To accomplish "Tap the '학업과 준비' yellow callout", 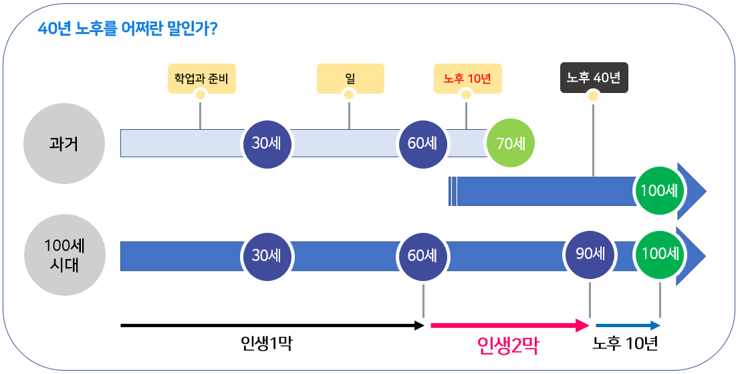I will tap(201, 78).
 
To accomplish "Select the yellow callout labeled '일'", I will tap(350, 78).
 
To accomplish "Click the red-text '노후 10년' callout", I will tap(467, 78).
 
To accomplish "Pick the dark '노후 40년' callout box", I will tap(594, 78).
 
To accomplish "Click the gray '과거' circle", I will tap(64, 144).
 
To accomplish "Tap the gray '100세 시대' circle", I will tap(64, 255).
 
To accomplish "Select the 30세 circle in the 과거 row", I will tap(266, 143).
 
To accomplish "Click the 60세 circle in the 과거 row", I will tap(422, 143).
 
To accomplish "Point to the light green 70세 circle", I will tap(511, 143).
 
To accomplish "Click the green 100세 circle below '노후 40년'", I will tap(659, 191).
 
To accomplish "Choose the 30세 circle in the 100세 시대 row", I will tap(266, 256).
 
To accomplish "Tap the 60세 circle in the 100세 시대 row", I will tap(422, 256).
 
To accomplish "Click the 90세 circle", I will tap(590, 255).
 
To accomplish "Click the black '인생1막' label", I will tap(266, 344).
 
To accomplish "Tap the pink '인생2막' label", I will tap(508, 345).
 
